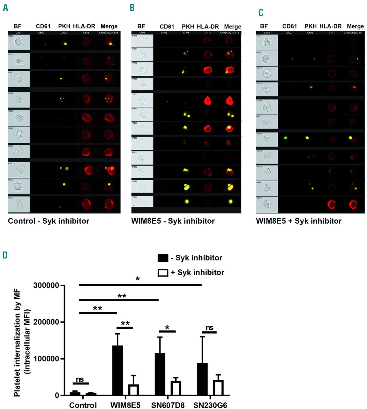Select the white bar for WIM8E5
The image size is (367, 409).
coord(133,390)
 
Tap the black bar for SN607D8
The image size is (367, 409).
coord(160,374)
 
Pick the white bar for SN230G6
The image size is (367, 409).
coord(218,388)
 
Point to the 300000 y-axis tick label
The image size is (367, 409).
coord(46,285)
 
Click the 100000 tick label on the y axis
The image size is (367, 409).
coord(46,359)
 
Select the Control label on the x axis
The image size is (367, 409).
coord(83,405)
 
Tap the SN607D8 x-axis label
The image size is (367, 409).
coord(168,405)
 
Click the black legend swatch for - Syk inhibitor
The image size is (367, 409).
coord(163,258)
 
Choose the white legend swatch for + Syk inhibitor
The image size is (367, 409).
coord(163,273)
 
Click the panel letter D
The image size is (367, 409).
coord(5,255)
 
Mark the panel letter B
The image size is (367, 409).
coord(132,8)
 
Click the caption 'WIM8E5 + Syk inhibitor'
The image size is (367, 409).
coord(299,221)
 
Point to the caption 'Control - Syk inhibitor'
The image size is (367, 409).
coord(49,221)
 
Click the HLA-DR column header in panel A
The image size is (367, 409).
coord(84,26)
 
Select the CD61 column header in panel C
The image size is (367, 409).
coord(289,26)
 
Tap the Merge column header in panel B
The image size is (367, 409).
coord(233,27)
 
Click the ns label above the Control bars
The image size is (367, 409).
coord(80,379)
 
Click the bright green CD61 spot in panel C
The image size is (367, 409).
coord(286,138)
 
